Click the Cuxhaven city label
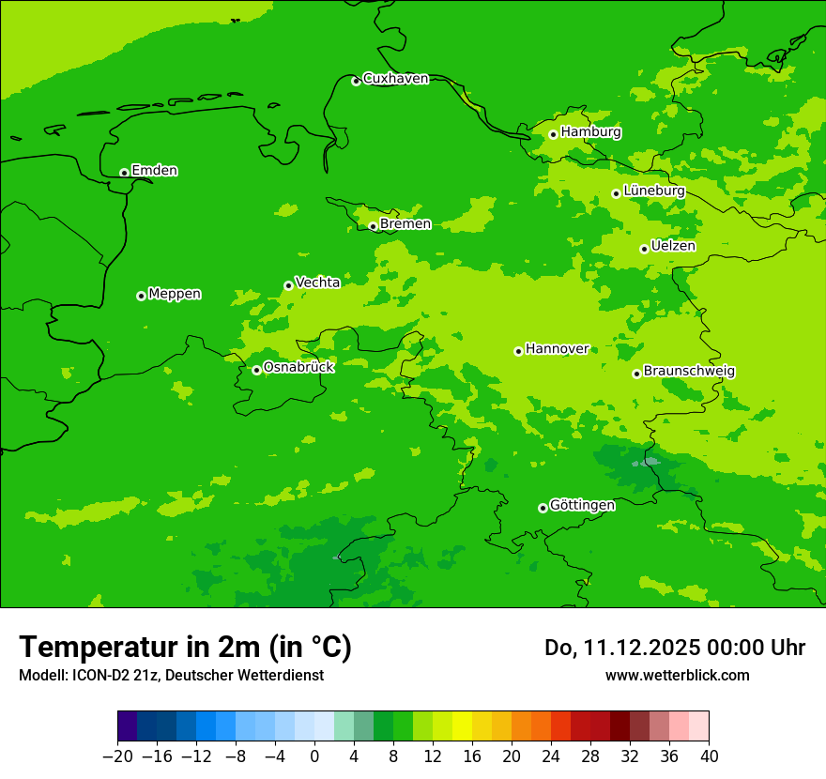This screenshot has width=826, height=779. click(395, 79)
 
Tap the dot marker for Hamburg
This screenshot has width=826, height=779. click(553, 134)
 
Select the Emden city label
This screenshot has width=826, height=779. click(154, 171)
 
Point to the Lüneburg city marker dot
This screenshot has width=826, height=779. click(616, 193)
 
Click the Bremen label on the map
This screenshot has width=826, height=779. click(405, 224)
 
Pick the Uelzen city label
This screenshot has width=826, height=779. click(673, 247)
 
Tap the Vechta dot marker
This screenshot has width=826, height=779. click(288, 285)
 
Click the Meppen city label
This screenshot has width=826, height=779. click(175, 294)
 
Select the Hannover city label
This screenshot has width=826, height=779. click(557, 349)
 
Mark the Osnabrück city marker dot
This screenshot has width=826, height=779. click(256, 370)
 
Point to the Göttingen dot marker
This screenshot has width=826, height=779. click(543, 508)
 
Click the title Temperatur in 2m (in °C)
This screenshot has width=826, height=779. click(185, 648)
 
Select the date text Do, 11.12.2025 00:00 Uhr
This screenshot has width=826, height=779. click(675, 648)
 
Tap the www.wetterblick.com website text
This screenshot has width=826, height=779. click(677, 675)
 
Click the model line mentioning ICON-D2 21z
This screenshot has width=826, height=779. click(171, 675)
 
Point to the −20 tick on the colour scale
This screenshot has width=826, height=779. click(117, 756)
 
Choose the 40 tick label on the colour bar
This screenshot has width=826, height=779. click(709, 756)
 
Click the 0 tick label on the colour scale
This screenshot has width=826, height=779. click(314, 756)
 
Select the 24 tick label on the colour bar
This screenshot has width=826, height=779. click(551, 756)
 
